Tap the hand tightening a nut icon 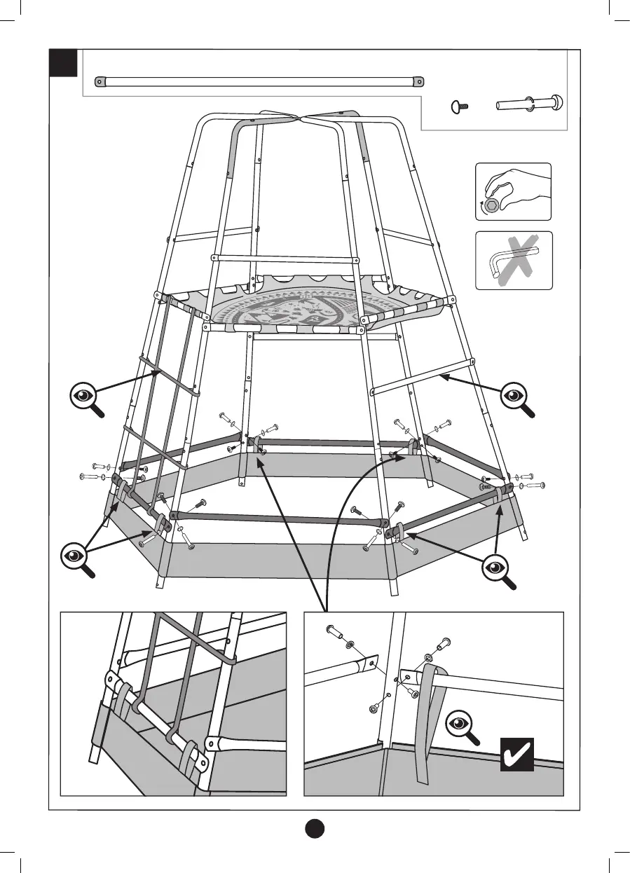click(513, 191)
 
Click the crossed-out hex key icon click(514, 261)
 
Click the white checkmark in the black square click(516, 754)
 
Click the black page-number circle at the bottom click(315, 827)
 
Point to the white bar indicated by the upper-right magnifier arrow click(420, 379)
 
